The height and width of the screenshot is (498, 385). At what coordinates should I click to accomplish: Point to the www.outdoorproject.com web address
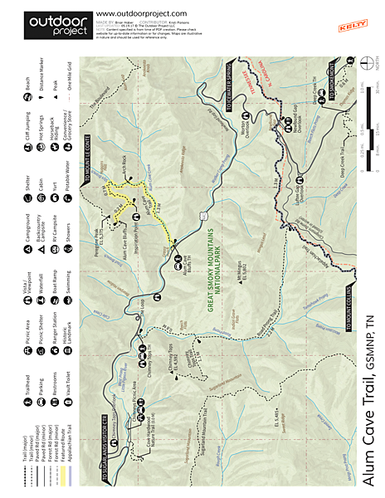[x=141, y=13]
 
